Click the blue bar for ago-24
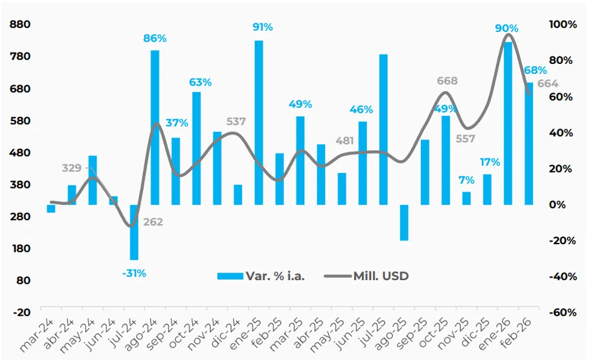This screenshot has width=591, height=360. click(155, 127)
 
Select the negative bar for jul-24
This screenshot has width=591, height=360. click(134, 232)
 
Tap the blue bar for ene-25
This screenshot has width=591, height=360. click(259, 122)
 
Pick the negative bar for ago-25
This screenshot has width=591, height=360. click(404, 222)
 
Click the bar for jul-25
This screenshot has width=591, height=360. click(384, 129)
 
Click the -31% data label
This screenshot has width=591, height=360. click(134, 273)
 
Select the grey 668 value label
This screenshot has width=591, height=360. click(447, 81)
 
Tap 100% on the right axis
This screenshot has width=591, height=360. click(563, 25)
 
